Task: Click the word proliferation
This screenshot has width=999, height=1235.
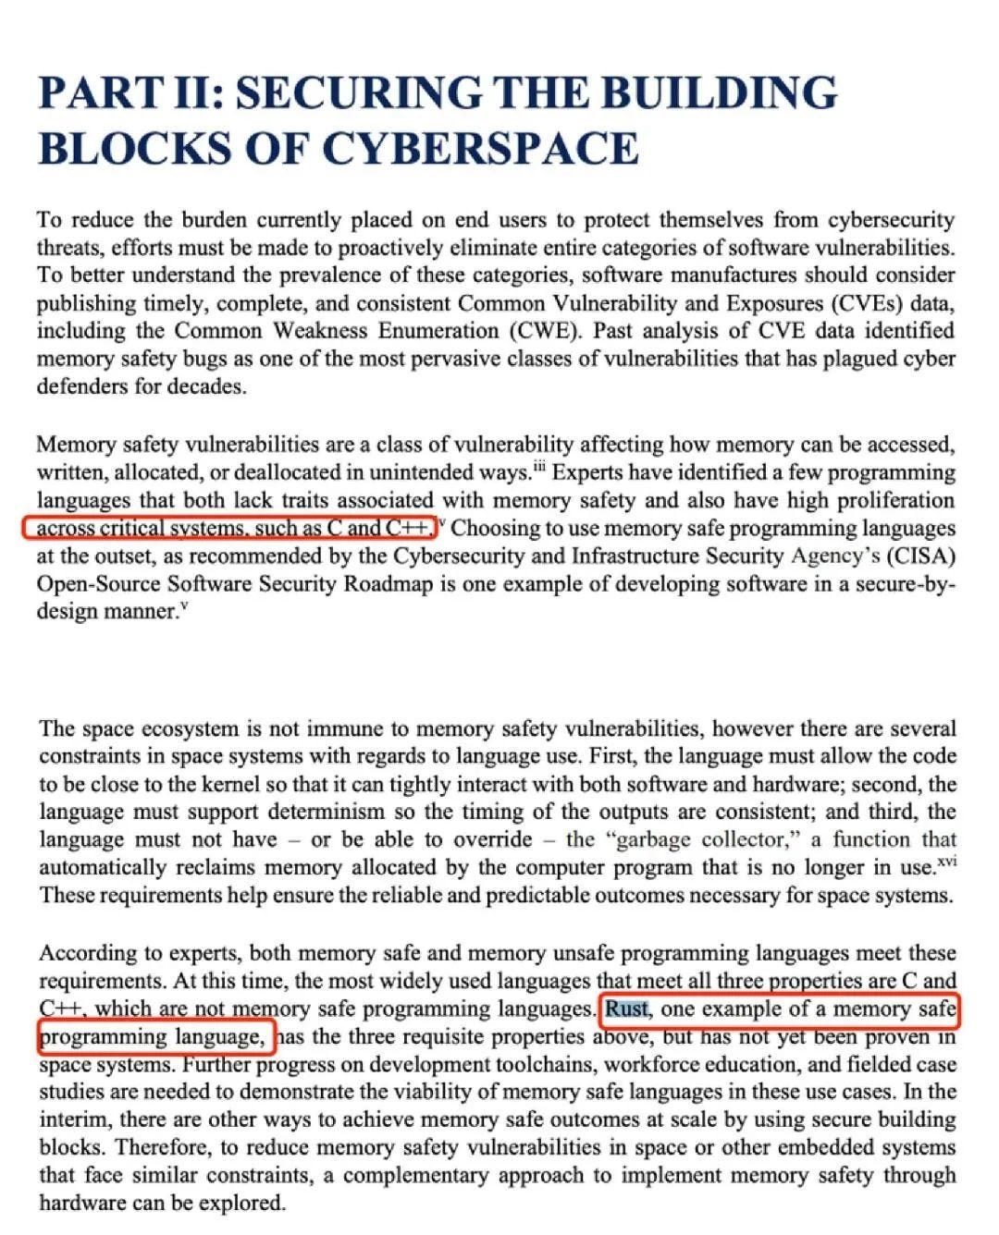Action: point(895,500)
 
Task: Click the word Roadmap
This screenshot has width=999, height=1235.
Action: point(388,583)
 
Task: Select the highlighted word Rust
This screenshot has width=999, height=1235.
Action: point(627,1009)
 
